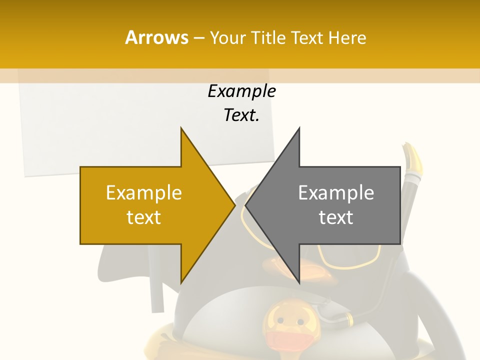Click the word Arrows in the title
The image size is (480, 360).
156,37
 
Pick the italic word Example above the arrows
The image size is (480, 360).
241,91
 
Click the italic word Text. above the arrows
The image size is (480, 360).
241,115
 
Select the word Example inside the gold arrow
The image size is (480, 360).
143,193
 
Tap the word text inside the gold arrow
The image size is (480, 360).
143,217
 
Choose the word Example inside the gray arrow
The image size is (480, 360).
336,193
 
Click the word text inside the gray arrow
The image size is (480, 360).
336,217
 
